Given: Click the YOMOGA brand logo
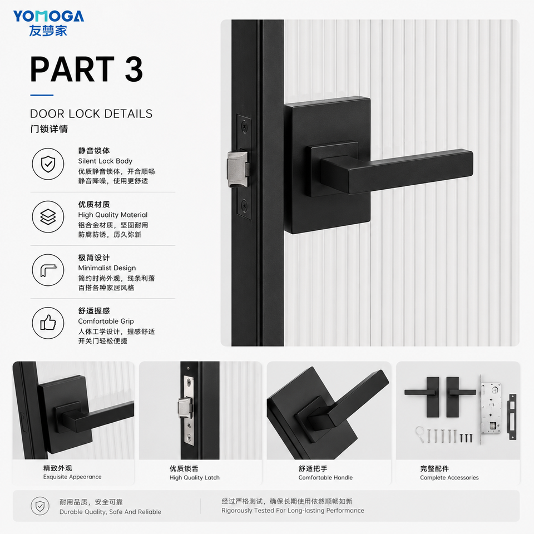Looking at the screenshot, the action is tap(48, 23).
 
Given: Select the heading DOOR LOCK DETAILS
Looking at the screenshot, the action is tap(91, 113).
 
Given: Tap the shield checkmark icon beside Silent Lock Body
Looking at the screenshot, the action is tap(48, 164).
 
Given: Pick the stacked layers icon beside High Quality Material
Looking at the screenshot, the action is tap(48, 217).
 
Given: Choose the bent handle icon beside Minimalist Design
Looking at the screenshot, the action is tap(48, 270).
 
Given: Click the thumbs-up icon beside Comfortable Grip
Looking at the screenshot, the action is tap(48, 323).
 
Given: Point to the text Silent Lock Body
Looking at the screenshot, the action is tap(105, 161).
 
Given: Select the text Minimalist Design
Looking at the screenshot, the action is tap(107, 268).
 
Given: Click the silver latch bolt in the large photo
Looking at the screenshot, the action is tap(238, 169).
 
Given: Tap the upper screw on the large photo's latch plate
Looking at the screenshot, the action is tap(244, 127).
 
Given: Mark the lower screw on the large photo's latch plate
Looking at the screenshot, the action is tap(244, 205).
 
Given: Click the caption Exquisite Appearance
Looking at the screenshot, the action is tap(72, 477).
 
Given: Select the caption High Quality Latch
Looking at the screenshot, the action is tap(195, 477).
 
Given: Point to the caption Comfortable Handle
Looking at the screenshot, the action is tap(325, 477).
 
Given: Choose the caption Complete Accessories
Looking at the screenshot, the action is tap(449, 477).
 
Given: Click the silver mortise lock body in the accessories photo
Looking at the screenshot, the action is tap(491, 409).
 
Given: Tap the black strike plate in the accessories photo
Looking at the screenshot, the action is tap(512, 417).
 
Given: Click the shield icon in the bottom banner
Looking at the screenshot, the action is tap(40, 506).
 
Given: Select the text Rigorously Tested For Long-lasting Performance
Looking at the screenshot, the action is tap(293, 511).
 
